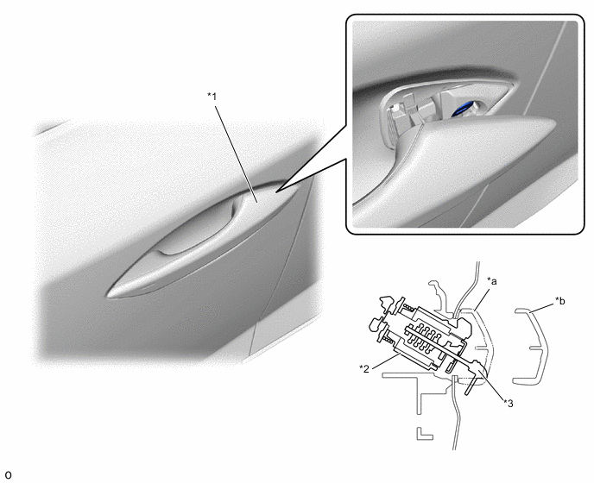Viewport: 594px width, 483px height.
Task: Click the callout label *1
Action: pos(212,97)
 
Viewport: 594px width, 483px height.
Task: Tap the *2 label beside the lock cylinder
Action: pos(364,368)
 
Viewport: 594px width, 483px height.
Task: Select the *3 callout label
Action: pos(508,404)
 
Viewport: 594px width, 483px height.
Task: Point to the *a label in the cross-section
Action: pos(492,281)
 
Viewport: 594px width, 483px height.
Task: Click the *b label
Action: pos(560,301)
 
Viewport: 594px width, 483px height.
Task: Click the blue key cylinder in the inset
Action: pos(464,108)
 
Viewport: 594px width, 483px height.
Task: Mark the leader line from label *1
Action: pos(237,154)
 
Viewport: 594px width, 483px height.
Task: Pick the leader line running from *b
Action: pos(542,307)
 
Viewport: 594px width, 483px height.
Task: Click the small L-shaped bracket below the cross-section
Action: pos(424,434)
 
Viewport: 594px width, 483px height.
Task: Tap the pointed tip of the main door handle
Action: pos(108,294)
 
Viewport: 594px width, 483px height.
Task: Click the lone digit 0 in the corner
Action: pos(8,474)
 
